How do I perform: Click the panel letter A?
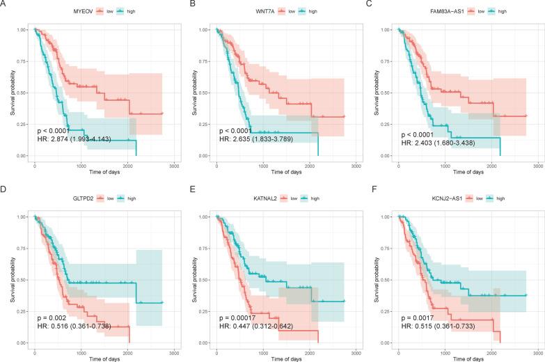4,4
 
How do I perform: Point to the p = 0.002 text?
52,318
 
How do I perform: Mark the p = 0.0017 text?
418,318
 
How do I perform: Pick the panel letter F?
368,191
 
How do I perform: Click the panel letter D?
4,191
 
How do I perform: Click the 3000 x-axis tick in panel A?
173,166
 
